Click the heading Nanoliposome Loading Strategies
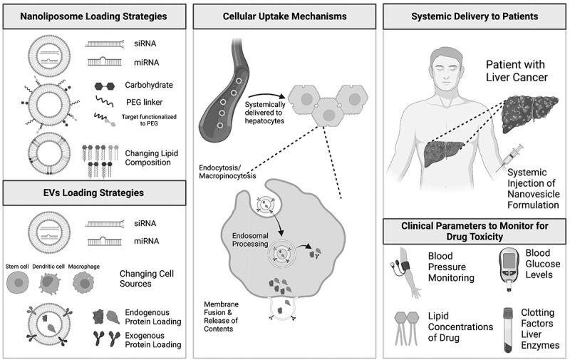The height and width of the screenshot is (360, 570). click(93, 16)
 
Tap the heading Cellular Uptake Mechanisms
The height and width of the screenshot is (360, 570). click(284, 16)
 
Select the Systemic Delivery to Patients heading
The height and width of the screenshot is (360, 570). click(475, 16)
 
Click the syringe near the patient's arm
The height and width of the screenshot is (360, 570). click(510, 158)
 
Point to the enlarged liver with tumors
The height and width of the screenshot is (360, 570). click(529, 113)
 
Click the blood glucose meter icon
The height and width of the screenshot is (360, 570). click(509, 269)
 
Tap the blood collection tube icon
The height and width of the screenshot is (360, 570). click(508, 329)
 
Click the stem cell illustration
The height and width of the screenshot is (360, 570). click(17, 283)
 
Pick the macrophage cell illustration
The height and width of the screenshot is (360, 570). click(83, 282)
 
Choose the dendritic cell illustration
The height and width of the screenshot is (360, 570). click(50, 282)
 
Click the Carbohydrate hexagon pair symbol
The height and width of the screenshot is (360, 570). click(105, 86)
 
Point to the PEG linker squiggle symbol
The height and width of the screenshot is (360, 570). click(104, 101)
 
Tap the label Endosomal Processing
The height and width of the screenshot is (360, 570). click(250, 240)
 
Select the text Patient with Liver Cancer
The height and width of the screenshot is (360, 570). click(517, 71)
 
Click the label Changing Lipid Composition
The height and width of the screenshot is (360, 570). click(152, 158)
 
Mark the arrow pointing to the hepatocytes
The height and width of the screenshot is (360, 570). click(266, 96)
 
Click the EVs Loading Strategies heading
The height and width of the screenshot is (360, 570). click(93, 192)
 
